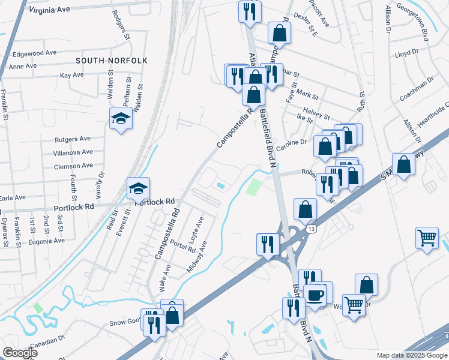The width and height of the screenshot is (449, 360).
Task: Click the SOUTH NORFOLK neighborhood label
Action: pos(112,61)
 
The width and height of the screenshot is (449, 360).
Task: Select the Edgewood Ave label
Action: pos(34,53)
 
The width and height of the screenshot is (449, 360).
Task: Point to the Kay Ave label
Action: pos(72,75)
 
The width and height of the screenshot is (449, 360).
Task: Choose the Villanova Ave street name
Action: pos(73,152)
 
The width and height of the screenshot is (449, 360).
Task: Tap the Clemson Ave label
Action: pos(73,166)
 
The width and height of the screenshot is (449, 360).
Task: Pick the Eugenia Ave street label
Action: pos(46,241)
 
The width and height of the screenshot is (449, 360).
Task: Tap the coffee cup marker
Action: pos(315,295)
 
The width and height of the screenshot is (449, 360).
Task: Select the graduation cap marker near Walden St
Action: pos(121,118)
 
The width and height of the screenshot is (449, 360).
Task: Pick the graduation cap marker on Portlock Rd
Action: pos(137,189)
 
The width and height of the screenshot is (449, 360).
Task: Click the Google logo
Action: pos(20,353)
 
